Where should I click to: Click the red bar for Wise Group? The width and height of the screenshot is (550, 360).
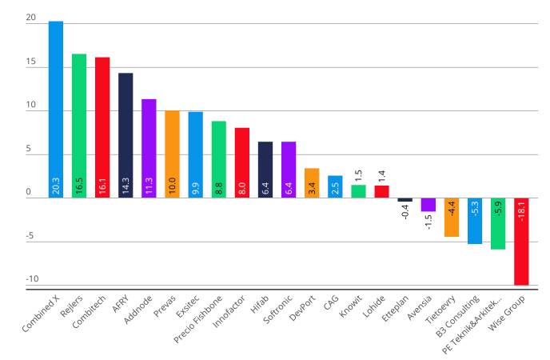(521, 240)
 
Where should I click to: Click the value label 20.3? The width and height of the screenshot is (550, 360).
(56, 186)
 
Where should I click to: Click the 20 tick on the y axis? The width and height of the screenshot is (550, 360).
(31, 18)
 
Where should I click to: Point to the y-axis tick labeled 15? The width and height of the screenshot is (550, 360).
(31, 62)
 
